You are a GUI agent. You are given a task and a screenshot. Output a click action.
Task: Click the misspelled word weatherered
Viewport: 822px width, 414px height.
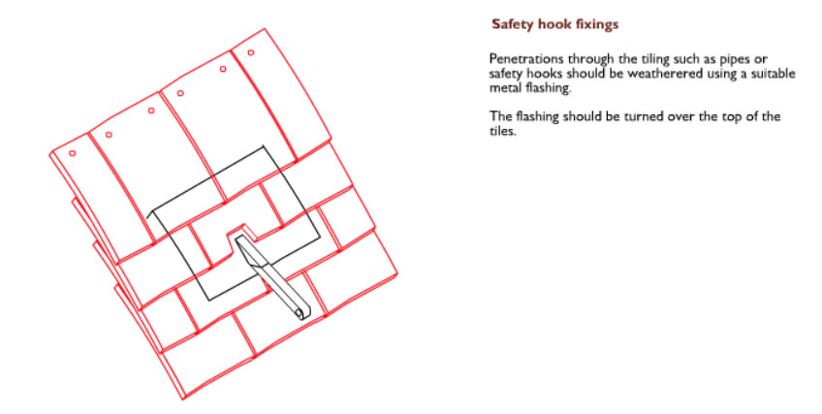tap(665, 74)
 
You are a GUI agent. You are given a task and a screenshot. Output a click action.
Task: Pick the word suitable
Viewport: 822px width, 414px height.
tap(774, 74)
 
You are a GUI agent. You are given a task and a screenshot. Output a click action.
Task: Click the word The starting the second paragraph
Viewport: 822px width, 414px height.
tap(500, 116)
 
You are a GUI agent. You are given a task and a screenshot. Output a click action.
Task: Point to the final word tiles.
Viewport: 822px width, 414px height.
tap(503, 131)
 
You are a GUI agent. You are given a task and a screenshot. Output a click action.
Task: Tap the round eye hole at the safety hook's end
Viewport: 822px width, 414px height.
tap(300, 313)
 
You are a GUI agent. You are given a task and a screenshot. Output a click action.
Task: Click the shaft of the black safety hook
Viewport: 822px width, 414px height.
tap(272, 276)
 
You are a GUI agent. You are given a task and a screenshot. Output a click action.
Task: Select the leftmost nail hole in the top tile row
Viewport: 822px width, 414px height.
tap(73, 153)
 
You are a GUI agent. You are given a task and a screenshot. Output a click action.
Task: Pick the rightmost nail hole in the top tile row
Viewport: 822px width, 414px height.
tap(251, 52)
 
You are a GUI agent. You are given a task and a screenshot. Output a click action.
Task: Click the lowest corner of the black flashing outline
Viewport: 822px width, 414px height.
tap(209, 301)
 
